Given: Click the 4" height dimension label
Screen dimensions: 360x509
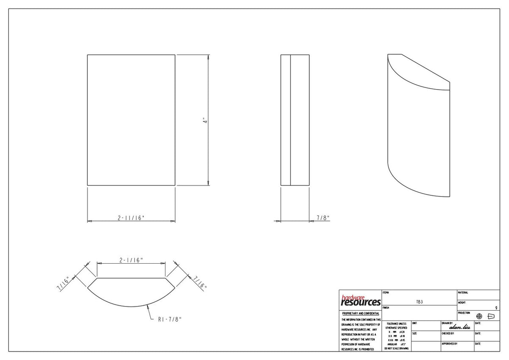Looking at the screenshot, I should (204, 120).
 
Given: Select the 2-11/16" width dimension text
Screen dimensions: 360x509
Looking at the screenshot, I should (131, 218).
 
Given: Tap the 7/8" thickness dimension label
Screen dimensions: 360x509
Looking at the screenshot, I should (323, 218).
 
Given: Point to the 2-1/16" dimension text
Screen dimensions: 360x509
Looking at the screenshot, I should (131, 260).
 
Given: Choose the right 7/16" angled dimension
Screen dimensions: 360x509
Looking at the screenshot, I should (200, 282).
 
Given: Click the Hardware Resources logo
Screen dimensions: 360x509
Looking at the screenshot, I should (361, 301).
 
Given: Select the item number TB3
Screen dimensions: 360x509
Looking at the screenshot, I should (419, 302).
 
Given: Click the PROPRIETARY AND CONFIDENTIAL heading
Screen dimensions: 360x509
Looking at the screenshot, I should (360, 313).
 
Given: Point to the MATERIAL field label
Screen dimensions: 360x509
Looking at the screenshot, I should (463, 292).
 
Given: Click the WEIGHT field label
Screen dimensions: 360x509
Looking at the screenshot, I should (462, 303).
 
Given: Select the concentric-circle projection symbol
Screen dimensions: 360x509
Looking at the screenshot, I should (479, 316).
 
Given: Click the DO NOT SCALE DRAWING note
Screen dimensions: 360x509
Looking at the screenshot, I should (397, 349).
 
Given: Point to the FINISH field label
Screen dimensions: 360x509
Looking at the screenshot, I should (386, 308).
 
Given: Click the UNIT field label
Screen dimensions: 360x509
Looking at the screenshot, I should (414, 323).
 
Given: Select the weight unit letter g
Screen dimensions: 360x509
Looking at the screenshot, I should (496, 308).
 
